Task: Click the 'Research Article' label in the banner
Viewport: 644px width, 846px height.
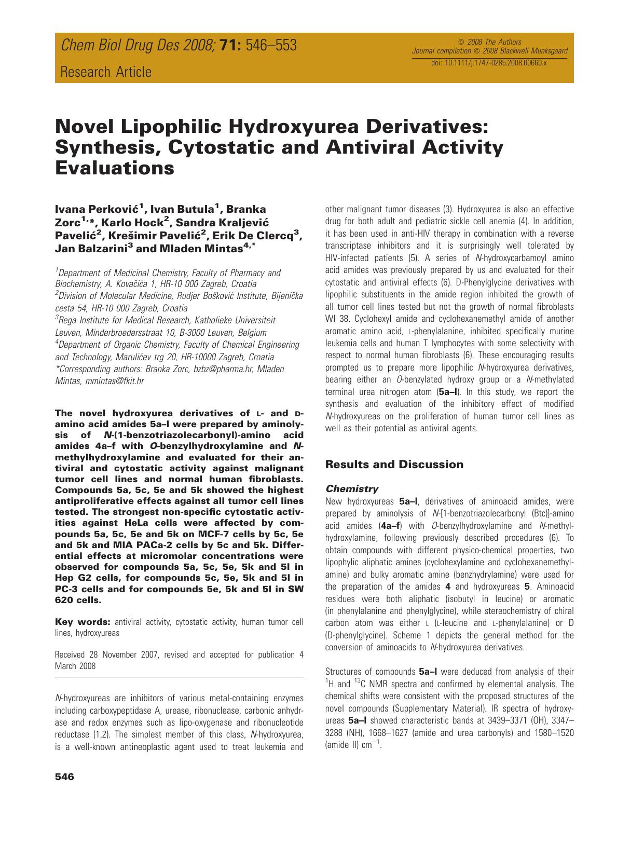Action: pyautogui.click(x=106, y=72)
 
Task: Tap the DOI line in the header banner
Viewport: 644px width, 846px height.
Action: pyautogui.click(x=489, y=62)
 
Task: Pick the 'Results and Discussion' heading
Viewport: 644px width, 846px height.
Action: pyautogui.click(x=394, y=465)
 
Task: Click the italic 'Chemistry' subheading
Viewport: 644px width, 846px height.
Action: pyautogui.click(x=351, y=488)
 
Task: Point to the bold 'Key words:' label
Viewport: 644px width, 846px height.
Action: pyautogui.click(x=83, y=622)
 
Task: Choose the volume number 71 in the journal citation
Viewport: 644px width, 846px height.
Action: pyautogui.click(x=229, y=46)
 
